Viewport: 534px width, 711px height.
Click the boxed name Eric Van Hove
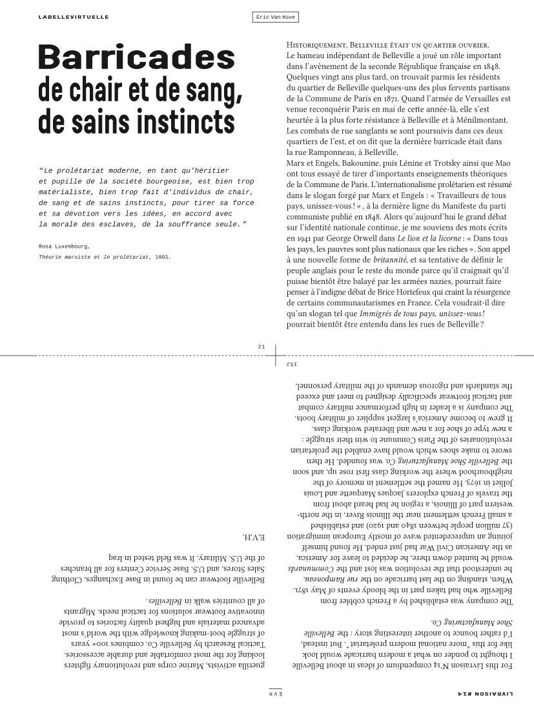point(276,17)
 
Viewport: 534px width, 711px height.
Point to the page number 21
point(262,347)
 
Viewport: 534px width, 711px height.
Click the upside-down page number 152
point(291,365)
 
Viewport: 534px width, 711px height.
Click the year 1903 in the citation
point(162,257)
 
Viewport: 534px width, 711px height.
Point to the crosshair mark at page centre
point(276,355)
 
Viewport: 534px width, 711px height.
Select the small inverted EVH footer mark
point(276,694)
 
